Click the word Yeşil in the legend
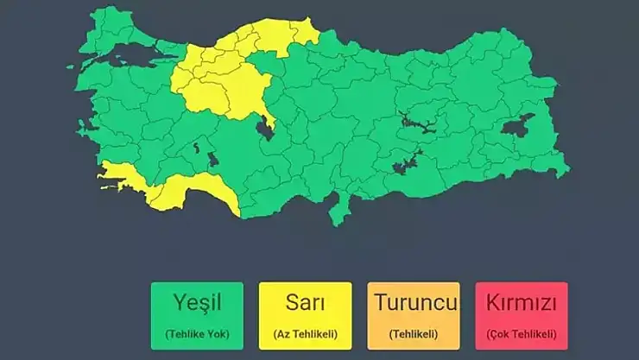click(x=198, y=304)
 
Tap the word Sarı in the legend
click(x=305, y=304)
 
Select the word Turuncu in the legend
click(x=413, y=304)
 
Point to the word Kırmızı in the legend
click(x=521, y=304)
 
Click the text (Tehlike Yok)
click(x=198, y=333)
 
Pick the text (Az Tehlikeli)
click(x=305, y=333)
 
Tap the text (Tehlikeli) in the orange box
click(x=413, y=333)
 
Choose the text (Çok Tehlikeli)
click(x=521, y=333)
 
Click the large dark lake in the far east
click(x=517, y=129)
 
